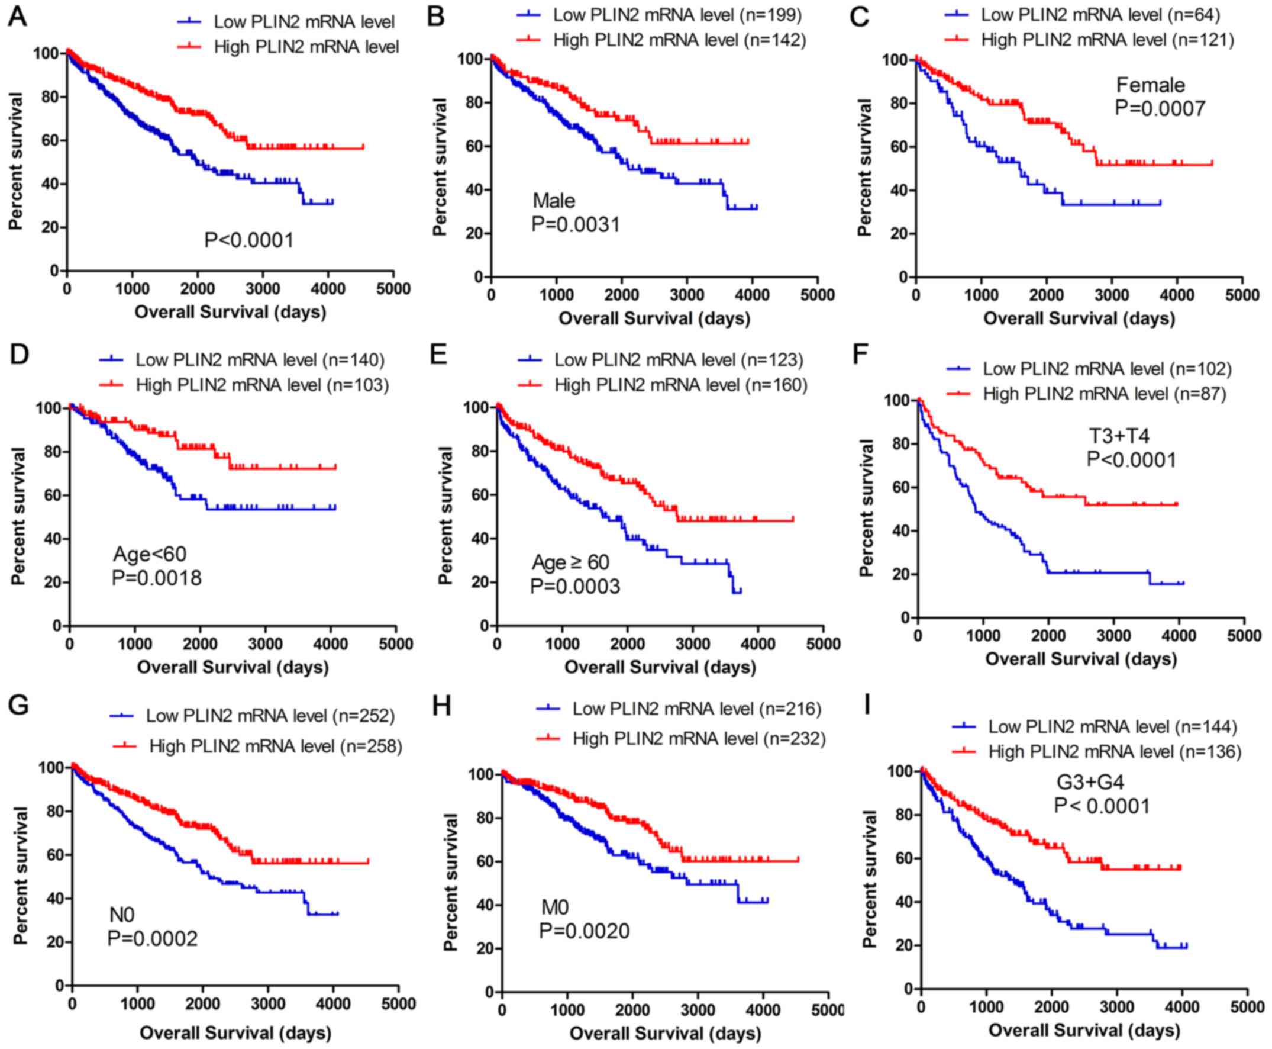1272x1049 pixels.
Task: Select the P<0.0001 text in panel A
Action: click(x=249, y=240)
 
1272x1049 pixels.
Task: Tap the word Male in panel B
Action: click(x=554, y=200)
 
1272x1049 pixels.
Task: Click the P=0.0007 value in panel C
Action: click(x=1160, y=108)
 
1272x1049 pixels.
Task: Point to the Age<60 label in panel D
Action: click(x=150, y=554)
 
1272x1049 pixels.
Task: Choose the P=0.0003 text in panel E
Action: click(x=575, y=586)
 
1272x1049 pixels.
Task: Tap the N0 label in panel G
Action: click(x=121, y=915)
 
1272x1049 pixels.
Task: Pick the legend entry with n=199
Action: click(x=660, y=14)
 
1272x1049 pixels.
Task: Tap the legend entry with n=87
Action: click(x=1085, y=394)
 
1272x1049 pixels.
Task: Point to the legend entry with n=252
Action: click(x=252, y=716)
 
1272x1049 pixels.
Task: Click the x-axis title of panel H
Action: click(x=665, y=1033)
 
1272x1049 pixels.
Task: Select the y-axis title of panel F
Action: click(x=866, y=507)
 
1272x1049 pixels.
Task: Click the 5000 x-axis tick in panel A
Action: click(x=393, y=289)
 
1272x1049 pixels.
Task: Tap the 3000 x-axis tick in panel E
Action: click(x=692, y=644)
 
